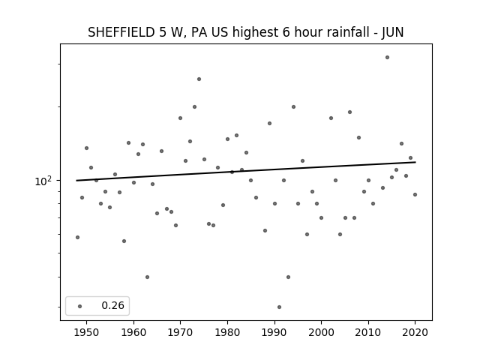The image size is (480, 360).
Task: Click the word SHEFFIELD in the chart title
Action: pos(121,32)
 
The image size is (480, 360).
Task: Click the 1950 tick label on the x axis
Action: pos(87,332)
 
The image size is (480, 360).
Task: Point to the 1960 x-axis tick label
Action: pos(133,332)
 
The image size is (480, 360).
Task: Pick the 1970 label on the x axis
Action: pos(180,332)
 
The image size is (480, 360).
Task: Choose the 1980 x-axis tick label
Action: pos(227,332)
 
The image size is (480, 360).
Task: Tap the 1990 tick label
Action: pos(274,332)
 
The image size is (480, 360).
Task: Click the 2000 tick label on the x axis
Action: pos(321,332)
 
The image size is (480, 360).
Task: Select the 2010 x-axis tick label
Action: pos(368,332)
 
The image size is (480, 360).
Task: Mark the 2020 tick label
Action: pos(415,332)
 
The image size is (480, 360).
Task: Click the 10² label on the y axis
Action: pos(42,181)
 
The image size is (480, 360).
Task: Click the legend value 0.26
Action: pos(112,305)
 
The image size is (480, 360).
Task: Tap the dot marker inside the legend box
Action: pos(80,306)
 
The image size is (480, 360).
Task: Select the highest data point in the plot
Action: pos(387,57)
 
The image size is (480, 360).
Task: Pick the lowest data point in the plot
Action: pos(279,307)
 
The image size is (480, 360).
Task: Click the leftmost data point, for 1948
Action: pos(77,237)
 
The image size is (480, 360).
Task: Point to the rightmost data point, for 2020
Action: pos(415,194)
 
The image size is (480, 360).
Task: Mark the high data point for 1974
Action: pos(199,79)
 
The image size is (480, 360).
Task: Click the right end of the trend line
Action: pos(415,162)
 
